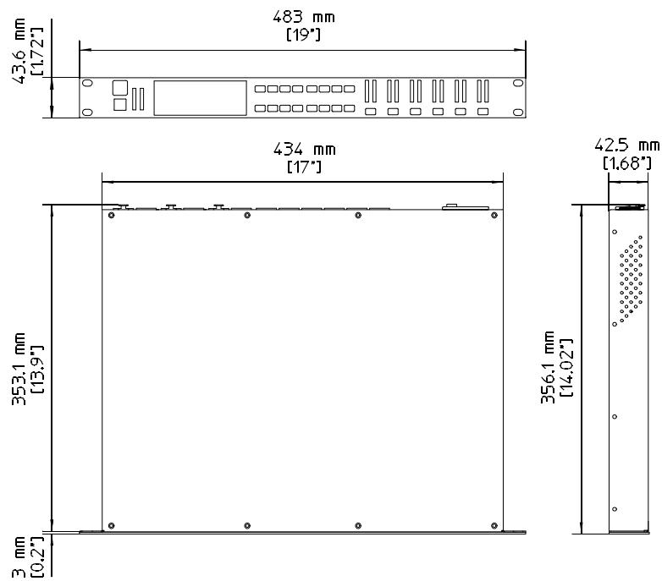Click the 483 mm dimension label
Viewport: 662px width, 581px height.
(x=302, y=16)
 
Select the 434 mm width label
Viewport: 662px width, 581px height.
(x=302, y=151)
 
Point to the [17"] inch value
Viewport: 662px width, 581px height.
(x=302, y=168)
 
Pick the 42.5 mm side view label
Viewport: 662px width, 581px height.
(x=625, y=145)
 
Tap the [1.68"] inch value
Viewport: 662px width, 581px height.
(x=625, y=162)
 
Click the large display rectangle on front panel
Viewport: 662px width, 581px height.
(x=201, y=97)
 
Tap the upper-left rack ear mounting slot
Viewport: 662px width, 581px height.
(x=87, y=84)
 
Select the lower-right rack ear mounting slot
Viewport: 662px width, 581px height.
(x=516, y=111)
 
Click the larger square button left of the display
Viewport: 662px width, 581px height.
(x=119, y=87)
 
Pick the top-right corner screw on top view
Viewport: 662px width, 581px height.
(x=494, y=216)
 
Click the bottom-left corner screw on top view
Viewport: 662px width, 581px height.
(x=111, y=525)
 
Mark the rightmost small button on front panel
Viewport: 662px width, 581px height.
(x=483, y=112)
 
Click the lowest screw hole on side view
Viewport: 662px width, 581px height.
(x=615, y=508)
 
